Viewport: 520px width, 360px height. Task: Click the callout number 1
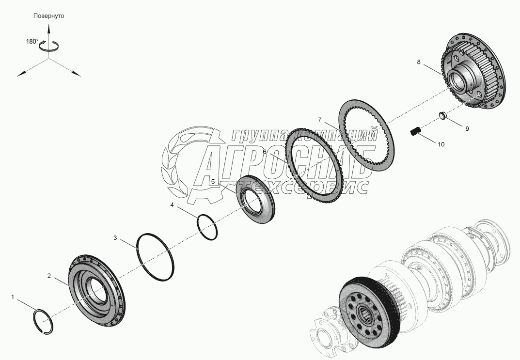(13, 297)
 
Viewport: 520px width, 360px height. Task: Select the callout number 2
(49, 276)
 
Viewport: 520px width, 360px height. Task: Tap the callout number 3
(115, 238)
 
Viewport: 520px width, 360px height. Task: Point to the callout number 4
(172, 205)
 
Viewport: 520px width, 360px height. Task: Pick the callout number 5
(213, 182)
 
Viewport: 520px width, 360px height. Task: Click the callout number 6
(265, 152)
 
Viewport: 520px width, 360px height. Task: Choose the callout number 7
(320, 120)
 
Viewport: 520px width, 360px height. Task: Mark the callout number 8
(419, 62)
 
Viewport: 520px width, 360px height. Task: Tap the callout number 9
(467, 128)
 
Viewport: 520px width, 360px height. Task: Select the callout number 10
(441, 144)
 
